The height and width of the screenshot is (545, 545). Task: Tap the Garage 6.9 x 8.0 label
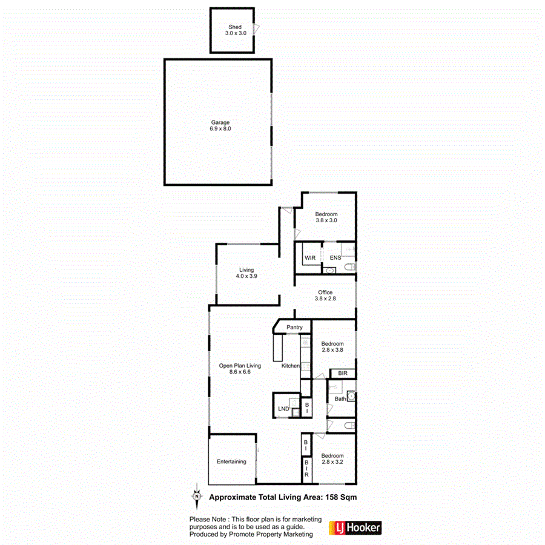pos(220,125)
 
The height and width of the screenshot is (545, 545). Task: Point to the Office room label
pos(325,296)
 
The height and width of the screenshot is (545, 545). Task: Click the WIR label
pos(310,258)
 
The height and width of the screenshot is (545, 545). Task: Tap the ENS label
pos(335,258)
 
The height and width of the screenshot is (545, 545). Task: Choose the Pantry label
pos(294,328)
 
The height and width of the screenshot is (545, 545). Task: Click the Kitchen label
pos(291,366)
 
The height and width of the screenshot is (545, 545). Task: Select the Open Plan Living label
pos(240,369)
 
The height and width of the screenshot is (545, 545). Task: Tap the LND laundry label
pos(283,409)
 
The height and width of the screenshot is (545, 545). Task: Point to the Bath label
pos(340,398)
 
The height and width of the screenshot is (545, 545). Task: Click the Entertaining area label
pos(231,462)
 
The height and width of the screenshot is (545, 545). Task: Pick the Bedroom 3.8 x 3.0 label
pos(326,217)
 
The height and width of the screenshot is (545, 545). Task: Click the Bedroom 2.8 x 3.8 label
pos(332,347)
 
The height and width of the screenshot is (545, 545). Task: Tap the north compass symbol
pos(196,495)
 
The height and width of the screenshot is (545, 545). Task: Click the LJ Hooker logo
pos(355,528)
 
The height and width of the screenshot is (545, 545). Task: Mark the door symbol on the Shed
pos(257,29)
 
